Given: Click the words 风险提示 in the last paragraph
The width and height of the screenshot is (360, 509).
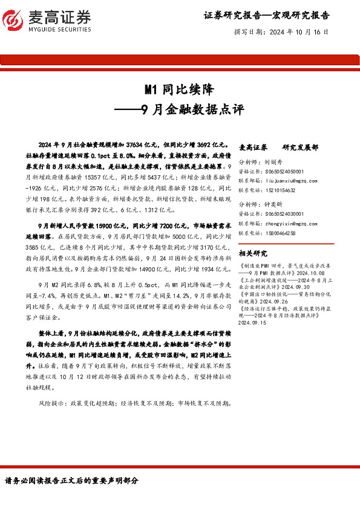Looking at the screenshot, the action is [49, 385].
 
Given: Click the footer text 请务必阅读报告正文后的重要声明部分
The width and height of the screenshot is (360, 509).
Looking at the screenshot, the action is [72, 481].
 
